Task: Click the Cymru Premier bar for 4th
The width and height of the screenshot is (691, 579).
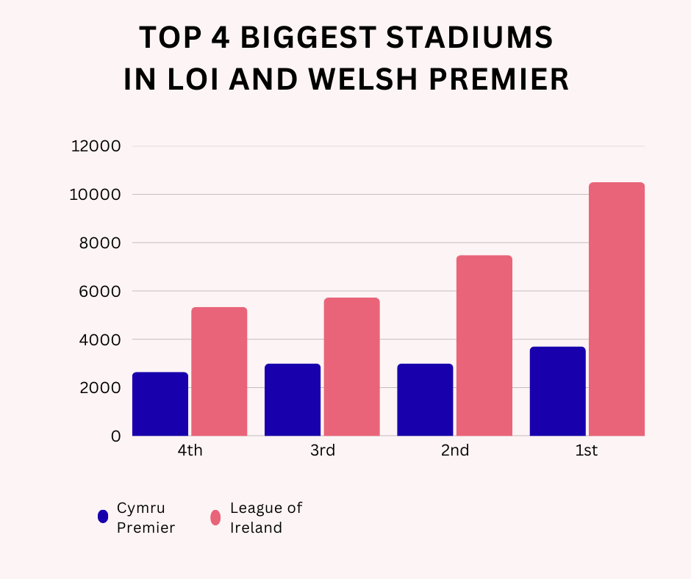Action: [x=160, y=404]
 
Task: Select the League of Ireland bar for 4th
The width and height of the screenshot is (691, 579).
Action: [x=219, y=372]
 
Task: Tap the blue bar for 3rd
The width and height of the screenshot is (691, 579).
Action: [x=293, y=400]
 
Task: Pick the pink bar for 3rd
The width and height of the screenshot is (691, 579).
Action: [x=351, y=367]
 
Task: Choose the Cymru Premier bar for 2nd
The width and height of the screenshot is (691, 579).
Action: [x=425, y=400]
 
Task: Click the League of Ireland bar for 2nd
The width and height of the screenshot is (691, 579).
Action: [x=484, y=345]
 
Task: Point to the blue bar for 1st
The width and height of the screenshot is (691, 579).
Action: [x=557, y=391]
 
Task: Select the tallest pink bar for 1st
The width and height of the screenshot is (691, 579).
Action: [x=616, y=309]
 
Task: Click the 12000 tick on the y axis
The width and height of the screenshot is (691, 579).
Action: [x=95, y=146]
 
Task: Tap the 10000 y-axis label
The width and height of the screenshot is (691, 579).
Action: [x=95, y=195]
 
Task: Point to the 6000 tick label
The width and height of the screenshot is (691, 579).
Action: [x=99, y=291]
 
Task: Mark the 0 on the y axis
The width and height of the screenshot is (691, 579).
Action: [x=115, y=436]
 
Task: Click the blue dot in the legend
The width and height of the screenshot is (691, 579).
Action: [x=103, y=517]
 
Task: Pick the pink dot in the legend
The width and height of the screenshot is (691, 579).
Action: [x=215, y=517]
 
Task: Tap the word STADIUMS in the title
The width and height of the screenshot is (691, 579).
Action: [x=471, y=37]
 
